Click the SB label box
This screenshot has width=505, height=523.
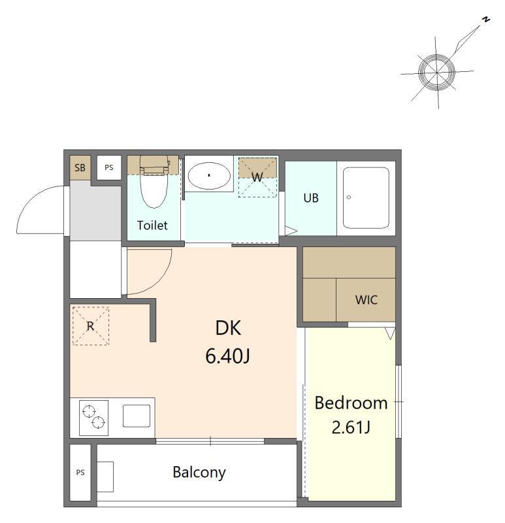pyautogui.click(x=80, y=168)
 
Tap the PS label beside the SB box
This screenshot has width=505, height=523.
pyautogui.click(x=109, y=167)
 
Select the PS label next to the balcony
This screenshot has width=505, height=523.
pyautogui.click(x=80, y=472)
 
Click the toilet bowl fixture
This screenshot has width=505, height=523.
pyautogui.click(x=154, y=182)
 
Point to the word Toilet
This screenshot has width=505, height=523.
pyautogui.click(x=152, y=225)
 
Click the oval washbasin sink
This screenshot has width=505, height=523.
pyautogui.click(x=209, y=175)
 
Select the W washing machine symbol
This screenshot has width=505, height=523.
pyautogui.click(x=257, y=177)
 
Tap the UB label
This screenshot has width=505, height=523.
pyautogui.click(x=311, y=198)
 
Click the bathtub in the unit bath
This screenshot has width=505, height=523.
pyautogui.click(x=366, y=198)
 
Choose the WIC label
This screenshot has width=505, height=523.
pyautogui.click(x=367, y=300)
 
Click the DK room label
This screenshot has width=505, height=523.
pyautogui.click(x=228, y=328)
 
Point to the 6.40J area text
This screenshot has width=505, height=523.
pyautogui.click(x=227, y=356)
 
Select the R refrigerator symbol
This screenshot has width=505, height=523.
pyautogui.click(x=91, y=326)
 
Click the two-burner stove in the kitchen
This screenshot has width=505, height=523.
pyautogui.click(x=93, y=418)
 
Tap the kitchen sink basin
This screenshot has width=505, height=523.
pyautogui.click(x=137, y=416)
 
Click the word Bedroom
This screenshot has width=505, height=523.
pyautogui.click(x=351, y=403)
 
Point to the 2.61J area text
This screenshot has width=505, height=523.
pyautogui.click(x=351, y=428)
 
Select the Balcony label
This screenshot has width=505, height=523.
pyautogui.click(x=199, y=472)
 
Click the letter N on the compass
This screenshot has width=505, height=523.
pyautogui.click(x=486, y=20)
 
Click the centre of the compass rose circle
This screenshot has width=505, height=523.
pyautogui.click(x=436, y=72)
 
